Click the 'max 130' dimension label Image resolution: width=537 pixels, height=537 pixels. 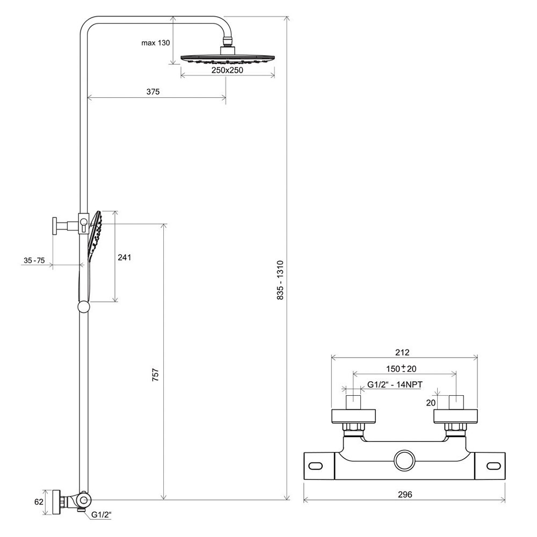click(156, 43)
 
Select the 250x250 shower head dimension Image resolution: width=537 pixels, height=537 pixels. click(227, 70)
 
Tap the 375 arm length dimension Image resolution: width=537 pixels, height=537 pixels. click(153, 92)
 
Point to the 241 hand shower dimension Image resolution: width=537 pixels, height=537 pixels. click(125, 257)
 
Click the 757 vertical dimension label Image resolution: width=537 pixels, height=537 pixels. click(156, 375)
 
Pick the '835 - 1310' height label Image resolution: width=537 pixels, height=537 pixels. click(280, 280)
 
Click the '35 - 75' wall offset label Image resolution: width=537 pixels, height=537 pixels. click(34, 260)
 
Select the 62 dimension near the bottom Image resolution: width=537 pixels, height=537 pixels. click(39, 502)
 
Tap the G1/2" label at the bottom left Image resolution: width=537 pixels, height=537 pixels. click(101, 514)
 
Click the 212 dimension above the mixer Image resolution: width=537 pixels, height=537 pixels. click(402, 352)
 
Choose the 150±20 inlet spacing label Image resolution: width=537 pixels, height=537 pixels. click(401, 368)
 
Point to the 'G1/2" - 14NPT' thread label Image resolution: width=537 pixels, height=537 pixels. click(395, 384)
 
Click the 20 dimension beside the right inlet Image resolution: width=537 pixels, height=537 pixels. click(431, 403)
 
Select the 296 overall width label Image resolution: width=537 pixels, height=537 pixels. click(405, 495)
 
